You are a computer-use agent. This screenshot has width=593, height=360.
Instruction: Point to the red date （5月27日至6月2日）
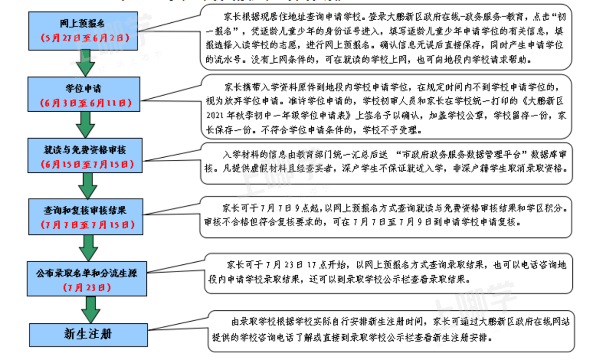click(86, 38)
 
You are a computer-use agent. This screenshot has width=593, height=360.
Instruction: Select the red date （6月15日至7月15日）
click(86, 164)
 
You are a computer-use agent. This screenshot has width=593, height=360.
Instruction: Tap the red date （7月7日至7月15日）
click(86, 225)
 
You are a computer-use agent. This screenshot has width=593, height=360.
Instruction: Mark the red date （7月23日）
click(86, 288)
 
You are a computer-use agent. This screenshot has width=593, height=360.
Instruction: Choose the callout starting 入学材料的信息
click(388, 162)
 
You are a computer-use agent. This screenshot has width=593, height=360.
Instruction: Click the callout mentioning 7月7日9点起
click(388, 216)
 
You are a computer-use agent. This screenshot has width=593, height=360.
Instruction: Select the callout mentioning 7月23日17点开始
click(388, 273)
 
